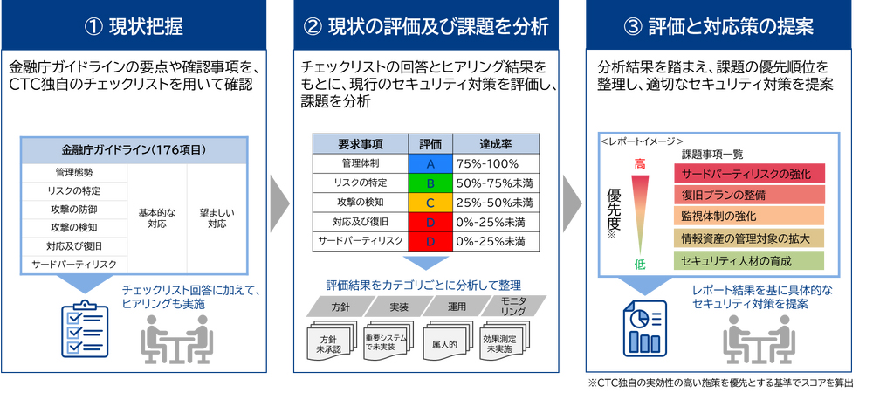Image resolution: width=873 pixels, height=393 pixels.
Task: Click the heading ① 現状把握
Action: coord(134,26)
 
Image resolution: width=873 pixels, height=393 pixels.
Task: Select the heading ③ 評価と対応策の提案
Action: coord(718,26)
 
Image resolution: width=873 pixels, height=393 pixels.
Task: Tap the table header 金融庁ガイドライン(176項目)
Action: coord(134,149)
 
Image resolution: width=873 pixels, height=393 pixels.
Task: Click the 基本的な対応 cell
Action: coord(157,218)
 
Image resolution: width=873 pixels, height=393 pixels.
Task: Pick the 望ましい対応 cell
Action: coord(217,218)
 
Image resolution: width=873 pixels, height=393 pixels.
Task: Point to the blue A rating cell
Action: coord(430,163)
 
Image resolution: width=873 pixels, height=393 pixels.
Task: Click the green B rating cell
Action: coord(430,183)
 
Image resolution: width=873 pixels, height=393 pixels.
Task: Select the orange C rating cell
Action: coord(430,202)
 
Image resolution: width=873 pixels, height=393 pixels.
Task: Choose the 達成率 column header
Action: coord(496,144)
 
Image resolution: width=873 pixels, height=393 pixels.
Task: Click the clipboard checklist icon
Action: coord(84,328)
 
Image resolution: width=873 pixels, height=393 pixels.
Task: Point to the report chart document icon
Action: coord(645,328)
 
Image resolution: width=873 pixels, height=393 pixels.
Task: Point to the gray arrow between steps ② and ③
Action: coord(573,203)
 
